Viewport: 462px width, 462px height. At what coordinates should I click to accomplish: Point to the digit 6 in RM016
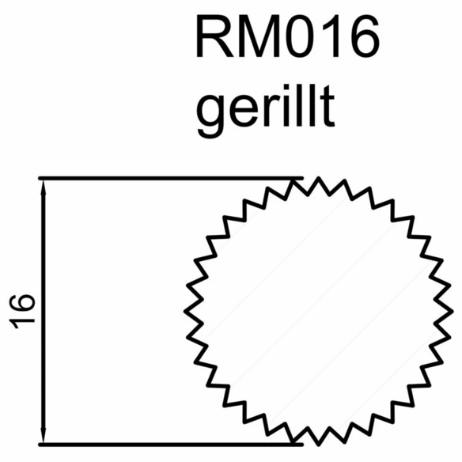(x=365, y=36)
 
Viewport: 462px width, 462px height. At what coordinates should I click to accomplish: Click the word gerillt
(x=266, y=111)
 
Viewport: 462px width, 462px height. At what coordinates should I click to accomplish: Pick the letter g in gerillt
(x=209, y=117)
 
